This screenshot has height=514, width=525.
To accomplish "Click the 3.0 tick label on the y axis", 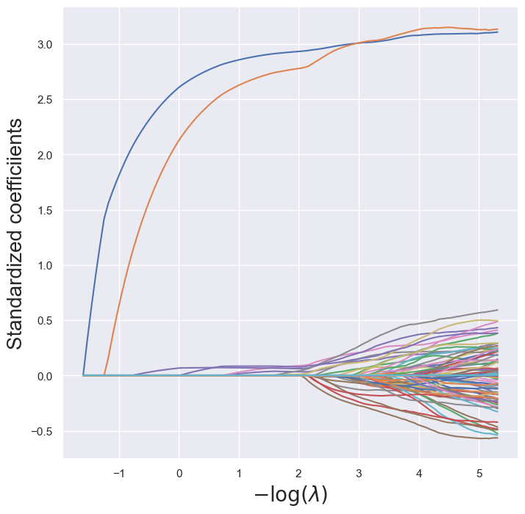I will coord(46,45).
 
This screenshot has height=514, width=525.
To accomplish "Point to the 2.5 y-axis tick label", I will coord(46,100).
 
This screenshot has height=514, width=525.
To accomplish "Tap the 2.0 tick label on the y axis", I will coord(46,155).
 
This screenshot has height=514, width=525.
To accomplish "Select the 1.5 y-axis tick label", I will coord(46,211).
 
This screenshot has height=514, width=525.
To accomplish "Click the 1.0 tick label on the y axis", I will coord(46,266).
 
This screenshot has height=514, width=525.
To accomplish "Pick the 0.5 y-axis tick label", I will coord(46,321).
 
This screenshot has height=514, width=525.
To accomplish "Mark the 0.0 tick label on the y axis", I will coord(46,376).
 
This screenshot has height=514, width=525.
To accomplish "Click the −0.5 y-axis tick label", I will coord(43,431).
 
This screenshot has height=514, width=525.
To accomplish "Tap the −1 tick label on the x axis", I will coord(118,473).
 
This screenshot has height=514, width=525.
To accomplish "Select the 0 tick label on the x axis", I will coord(179,473).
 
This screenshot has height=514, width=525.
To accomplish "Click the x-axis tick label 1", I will coord(240,473).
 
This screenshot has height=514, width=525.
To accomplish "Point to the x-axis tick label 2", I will coord(299,473).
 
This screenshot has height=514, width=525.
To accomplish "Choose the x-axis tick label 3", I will coord(360,473).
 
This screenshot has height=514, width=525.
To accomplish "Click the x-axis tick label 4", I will coord(419,473).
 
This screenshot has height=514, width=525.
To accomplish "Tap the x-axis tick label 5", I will coord(479,473).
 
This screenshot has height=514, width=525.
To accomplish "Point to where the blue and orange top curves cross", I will coord(360,43).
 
